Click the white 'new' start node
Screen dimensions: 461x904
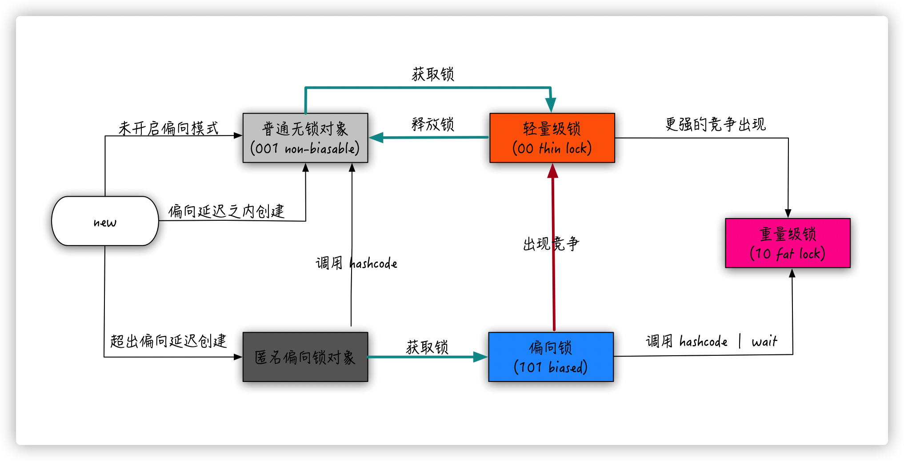tap(105, 221)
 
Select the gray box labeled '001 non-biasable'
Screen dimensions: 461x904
tap(305, 138)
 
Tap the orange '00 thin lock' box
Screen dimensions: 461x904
tap(552, 138)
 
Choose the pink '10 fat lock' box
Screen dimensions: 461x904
tap(788, 243)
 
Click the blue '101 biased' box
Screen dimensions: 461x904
tap(551, 357)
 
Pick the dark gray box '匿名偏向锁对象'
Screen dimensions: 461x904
tap(305, 357)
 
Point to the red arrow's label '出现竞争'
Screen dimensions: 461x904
tap(551, 244)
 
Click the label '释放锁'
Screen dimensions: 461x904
tap(432, 124)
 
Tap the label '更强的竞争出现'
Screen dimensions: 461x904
tap(715, 124)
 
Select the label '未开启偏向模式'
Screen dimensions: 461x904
tap(168, 128)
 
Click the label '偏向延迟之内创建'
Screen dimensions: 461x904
tap(226, 211)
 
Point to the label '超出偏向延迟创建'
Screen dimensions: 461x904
tap(168, 341)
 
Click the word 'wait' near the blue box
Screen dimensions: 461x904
tap(764, 342)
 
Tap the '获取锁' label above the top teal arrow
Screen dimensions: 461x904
tap(432, 74)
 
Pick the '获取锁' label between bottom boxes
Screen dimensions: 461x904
tap(427, 347)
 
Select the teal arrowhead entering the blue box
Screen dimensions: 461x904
tap(481, 357)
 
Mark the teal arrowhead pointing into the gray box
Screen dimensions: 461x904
tap(376, 137)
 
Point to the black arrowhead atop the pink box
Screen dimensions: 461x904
tap(788, 214)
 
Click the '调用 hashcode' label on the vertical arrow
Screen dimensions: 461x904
tap(356, 263)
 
